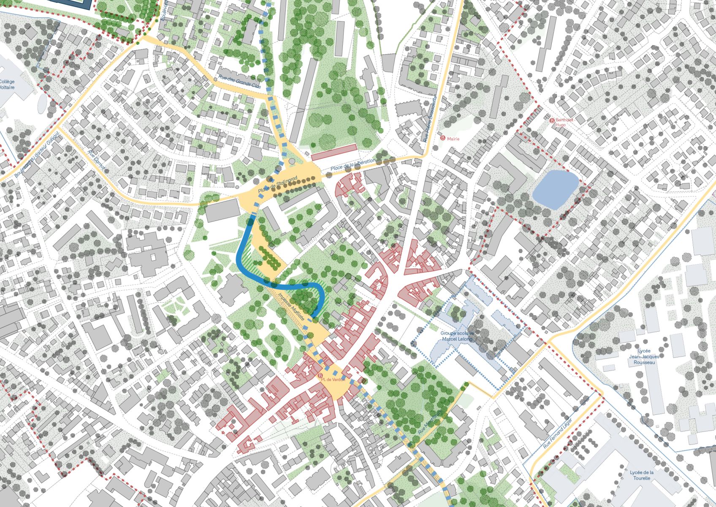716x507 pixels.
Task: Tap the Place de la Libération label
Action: (x=353, y=165)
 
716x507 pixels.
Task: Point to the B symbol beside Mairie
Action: (x=442, y=138)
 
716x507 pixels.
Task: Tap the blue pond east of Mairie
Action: (x=555, y=189)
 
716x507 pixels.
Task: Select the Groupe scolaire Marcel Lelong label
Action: (x=457, y=336)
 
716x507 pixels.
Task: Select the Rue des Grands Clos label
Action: (x=239, y=82)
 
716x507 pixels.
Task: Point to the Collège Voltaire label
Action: (x=7, y=84)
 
